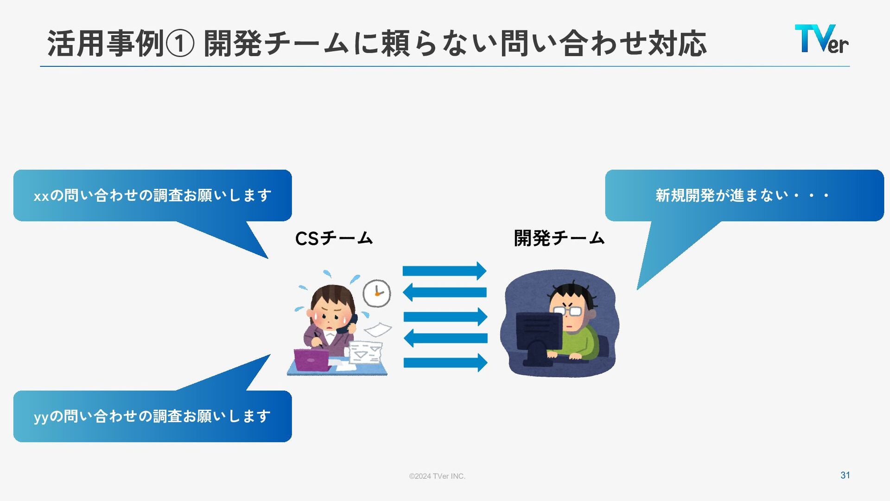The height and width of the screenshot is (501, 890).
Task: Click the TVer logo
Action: [821, 39]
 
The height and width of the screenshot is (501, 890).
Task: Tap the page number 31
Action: [845, 475]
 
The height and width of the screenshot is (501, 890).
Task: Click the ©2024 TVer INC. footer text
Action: [437, 476]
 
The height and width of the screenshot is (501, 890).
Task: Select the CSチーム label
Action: [334, 238]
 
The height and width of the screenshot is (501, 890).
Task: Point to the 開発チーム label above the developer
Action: [559, 238]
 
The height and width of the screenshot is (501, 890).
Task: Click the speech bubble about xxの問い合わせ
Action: [153, 195]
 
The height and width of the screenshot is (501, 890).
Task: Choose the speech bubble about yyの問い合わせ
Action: [153, 416]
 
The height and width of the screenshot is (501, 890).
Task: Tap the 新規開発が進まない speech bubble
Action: [744, 195]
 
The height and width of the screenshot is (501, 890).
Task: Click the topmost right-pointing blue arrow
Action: [445, 271]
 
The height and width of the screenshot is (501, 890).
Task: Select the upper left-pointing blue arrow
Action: [445, 292]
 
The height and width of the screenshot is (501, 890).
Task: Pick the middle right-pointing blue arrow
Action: [445, 317]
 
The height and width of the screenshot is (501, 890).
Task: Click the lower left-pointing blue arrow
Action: [445, 338]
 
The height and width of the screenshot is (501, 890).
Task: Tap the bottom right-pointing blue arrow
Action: [445, 362]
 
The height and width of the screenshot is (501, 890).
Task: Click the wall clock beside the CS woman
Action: [376, 293]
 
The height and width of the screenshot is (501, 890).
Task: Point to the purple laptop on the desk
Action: [312, 360]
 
